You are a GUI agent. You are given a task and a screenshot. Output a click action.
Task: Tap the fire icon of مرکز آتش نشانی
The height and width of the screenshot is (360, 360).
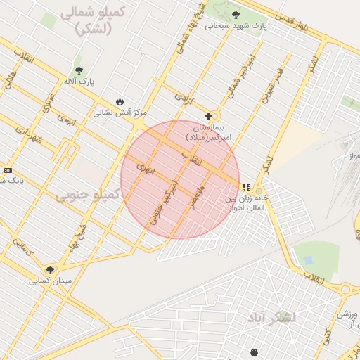tap(120, 102)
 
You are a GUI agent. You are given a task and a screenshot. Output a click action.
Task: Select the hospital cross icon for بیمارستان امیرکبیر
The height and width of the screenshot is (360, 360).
tap(208, 116)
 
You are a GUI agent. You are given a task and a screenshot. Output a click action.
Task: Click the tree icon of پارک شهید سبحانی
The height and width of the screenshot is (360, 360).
tap(236, 15)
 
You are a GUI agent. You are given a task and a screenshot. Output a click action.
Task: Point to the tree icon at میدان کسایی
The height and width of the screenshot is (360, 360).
tap(49, 269)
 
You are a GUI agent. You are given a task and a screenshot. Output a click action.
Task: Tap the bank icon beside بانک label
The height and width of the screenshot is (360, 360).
tap(8, 170)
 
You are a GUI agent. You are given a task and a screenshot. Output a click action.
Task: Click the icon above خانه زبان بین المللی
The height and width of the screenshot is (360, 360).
tap(245, 187)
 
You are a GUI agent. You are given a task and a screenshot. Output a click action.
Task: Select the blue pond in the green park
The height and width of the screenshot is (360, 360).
tap(308, 260)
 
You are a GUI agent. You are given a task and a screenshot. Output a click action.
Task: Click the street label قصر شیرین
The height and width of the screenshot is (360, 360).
tap(273, 85)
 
